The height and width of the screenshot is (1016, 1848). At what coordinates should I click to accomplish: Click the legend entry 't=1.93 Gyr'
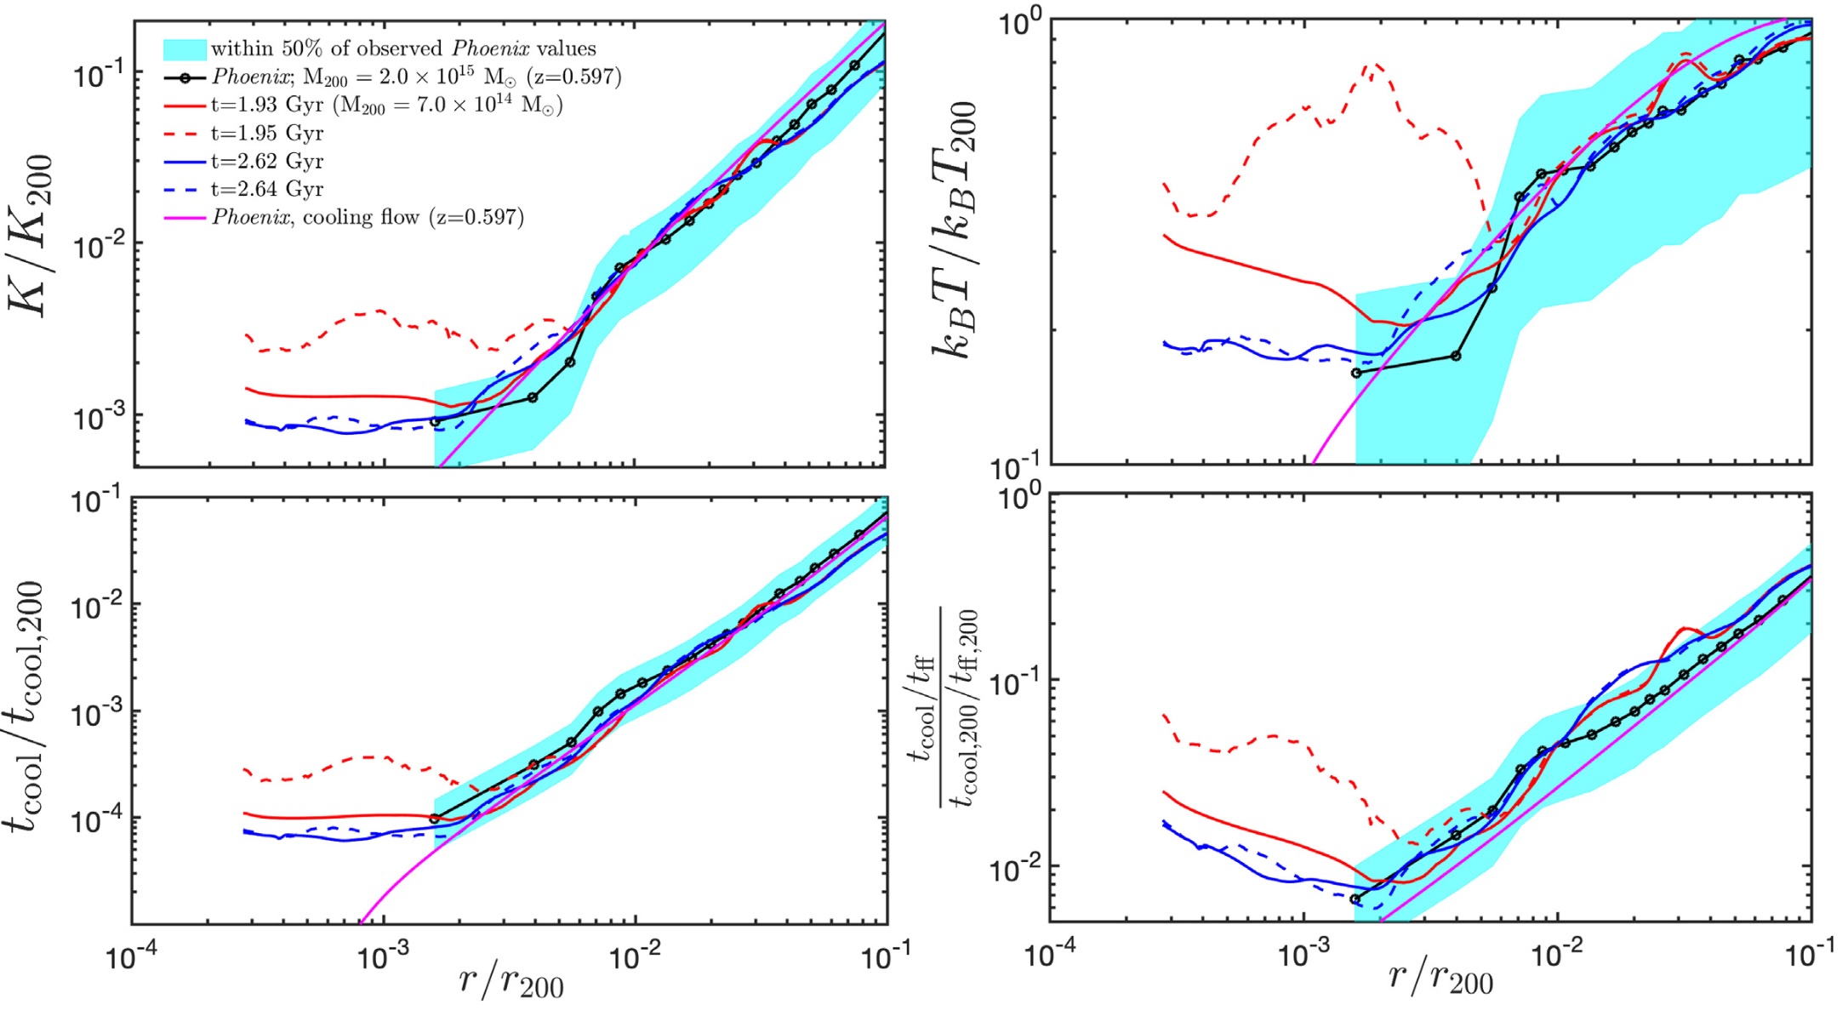(x=266, y=105)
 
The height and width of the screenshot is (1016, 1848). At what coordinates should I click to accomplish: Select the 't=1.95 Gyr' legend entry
(x=266, y=133)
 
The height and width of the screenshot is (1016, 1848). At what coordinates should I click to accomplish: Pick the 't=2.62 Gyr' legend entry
(x=266, y=161)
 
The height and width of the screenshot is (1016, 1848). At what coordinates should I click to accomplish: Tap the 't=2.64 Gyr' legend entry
(x=266, y=189)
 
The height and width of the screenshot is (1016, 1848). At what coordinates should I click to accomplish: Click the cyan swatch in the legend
(x=185, y=49)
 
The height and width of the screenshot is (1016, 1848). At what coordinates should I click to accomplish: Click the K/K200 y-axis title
(x=32, y=236)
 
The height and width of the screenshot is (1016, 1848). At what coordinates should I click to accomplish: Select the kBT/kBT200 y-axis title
(x=956, y=230)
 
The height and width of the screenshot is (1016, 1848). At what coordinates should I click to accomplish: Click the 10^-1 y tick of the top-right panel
(x=1016, y=466)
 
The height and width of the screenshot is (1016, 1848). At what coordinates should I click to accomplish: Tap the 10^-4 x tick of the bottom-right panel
(x=1049, y=956)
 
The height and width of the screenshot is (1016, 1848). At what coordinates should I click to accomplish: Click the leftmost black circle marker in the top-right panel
(x=1356, y=373)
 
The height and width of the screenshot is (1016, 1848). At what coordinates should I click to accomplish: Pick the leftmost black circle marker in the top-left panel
(x=435, y=421)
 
